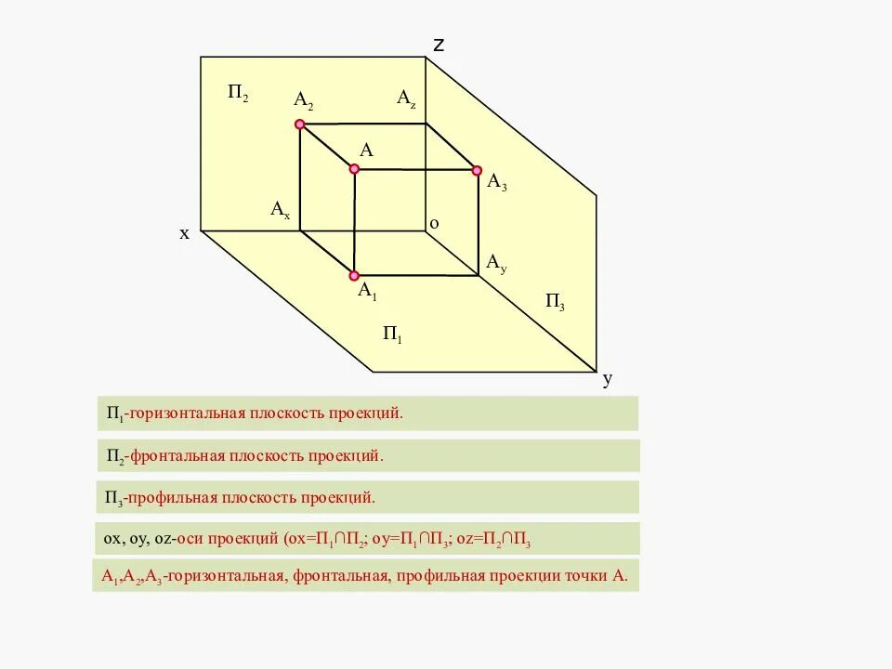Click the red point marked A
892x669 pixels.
(354, 169)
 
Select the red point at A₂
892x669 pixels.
(299, 124)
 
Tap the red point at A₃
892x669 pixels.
(477, 171)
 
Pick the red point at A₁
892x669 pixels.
(354, 275)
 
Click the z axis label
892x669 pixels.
(439, 44)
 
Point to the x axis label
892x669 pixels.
(184, 234)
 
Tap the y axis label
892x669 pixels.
(608, 379)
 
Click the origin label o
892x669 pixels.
(434, 223)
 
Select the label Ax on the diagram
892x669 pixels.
(281, 210)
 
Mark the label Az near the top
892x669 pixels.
(406, 98)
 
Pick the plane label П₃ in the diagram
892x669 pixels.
(555, 301)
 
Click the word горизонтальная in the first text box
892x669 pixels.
(186, 413)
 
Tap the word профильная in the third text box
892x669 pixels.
(173, 498)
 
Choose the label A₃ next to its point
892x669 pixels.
(497, 182)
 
